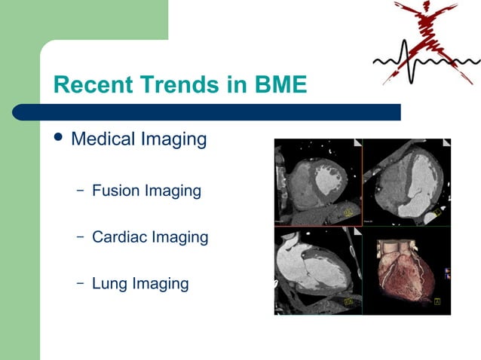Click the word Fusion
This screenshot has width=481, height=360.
115,191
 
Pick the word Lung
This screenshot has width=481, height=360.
109,283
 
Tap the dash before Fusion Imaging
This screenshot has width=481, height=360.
80,191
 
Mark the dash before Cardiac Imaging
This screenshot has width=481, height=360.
80,237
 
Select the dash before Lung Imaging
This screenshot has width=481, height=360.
80,284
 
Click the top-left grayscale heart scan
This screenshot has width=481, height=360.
317,182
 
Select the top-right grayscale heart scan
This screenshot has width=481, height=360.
406,182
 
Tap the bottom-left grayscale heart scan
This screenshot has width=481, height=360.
317,270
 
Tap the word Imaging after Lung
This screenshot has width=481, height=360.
160,283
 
